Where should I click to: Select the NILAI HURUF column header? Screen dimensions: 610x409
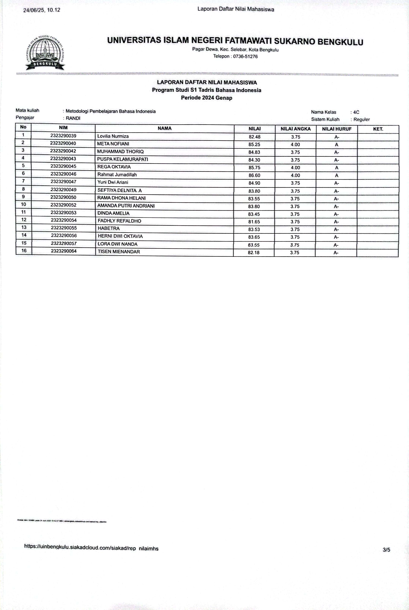[x=337, y=129]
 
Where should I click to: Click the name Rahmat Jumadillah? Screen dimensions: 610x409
[x=117, y=174]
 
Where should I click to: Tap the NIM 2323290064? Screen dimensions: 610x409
[x=64, y=251]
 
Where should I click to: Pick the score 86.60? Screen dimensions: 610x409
[x=254, y=175]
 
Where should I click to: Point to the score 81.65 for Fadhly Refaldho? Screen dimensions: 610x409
[x=254, y=222]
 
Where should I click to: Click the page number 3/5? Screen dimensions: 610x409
[x=386, y=550]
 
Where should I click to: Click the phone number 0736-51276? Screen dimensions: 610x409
[x=245, y=56]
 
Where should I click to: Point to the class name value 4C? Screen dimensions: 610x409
[x=356, y=112]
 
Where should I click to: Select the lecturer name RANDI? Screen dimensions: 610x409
[x=73, y=118]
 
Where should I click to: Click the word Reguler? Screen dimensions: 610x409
[x=362, y=120]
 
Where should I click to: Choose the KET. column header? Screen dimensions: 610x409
[x=378, y=129]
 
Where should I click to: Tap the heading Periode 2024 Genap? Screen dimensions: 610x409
[x=207, y=98]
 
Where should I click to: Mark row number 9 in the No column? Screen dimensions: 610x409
[x=23, y=197]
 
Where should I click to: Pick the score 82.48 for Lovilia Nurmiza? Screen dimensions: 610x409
[x=254, y=137]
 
